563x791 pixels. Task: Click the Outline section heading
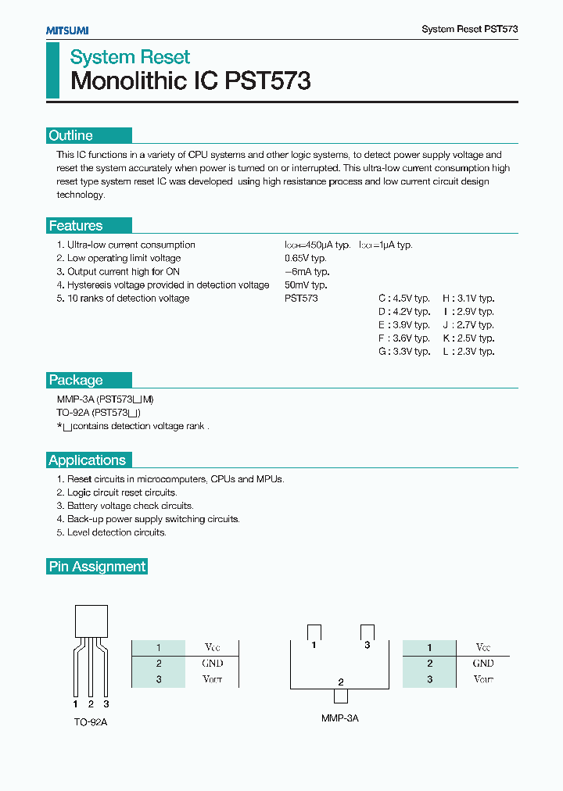coord(70,135)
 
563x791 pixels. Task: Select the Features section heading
coord(76,226)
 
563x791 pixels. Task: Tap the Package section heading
coord(76,380)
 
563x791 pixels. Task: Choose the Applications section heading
coord(87,460)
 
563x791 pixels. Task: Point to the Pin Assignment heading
coord(97,567)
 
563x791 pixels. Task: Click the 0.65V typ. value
coord(305,258)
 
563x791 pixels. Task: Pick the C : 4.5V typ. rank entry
coord(404,299)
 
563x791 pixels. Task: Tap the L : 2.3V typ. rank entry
coord(468,352)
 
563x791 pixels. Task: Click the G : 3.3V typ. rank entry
coord(404,352)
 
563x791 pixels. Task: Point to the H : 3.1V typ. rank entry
coord(468,299)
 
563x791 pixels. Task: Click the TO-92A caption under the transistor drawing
coord(91,722)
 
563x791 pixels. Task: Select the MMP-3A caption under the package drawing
coord(339,718)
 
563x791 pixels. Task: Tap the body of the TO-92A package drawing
coord(91,621)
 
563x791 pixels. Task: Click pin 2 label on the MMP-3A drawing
coord(340,682)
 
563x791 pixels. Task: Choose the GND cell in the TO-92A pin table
coord(212,663)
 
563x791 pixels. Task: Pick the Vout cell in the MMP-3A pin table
coord(483,679)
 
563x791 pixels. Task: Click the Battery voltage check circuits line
coord(124,506)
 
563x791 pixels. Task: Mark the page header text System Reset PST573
coord(469,29)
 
